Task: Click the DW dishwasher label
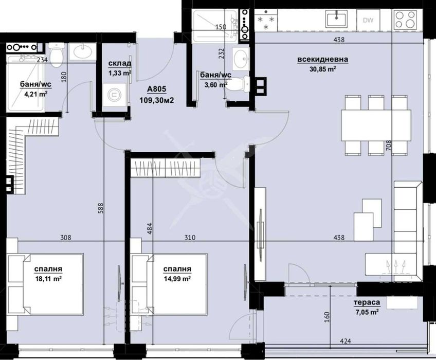[368, 20]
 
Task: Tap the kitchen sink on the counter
[337, 19]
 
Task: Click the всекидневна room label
[322, 59]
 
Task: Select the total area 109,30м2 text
[157, 100]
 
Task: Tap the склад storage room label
[119, 64]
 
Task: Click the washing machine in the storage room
[112, 94]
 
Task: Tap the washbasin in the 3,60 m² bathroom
[240, 58]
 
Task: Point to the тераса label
[367, 302]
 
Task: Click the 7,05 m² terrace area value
[367, 311]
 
